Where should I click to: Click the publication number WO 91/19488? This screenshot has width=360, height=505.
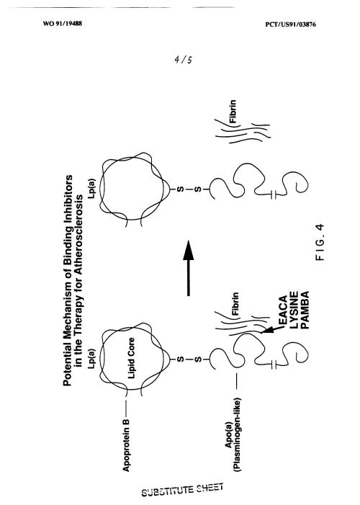click(63, 24)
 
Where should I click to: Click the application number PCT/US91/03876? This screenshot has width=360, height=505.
click(290, 24)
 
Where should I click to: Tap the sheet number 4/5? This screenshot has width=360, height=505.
click(183, 60)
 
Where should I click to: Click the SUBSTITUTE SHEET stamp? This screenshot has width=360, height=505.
click(182, 490)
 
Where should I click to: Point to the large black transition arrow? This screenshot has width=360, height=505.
click(189, 268)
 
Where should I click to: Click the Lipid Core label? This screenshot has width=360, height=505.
click(131, 358)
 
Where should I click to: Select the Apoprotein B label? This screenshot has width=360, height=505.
click(126, 445)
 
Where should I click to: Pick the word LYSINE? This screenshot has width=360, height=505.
click(294, 310)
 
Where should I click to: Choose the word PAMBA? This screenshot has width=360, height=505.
click(305, 310)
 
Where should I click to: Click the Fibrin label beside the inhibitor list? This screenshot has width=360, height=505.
click(235, 303)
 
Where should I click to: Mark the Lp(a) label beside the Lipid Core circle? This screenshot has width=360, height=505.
click(92, 359)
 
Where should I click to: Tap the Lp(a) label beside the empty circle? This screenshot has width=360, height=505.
click(92, 189)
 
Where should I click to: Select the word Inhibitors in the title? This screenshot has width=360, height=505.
click(68, 197)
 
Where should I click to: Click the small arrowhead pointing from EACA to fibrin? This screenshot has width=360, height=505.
click(268, 331)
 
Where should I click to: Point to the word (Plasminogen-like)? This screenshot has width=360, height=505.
click(238, 436)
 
